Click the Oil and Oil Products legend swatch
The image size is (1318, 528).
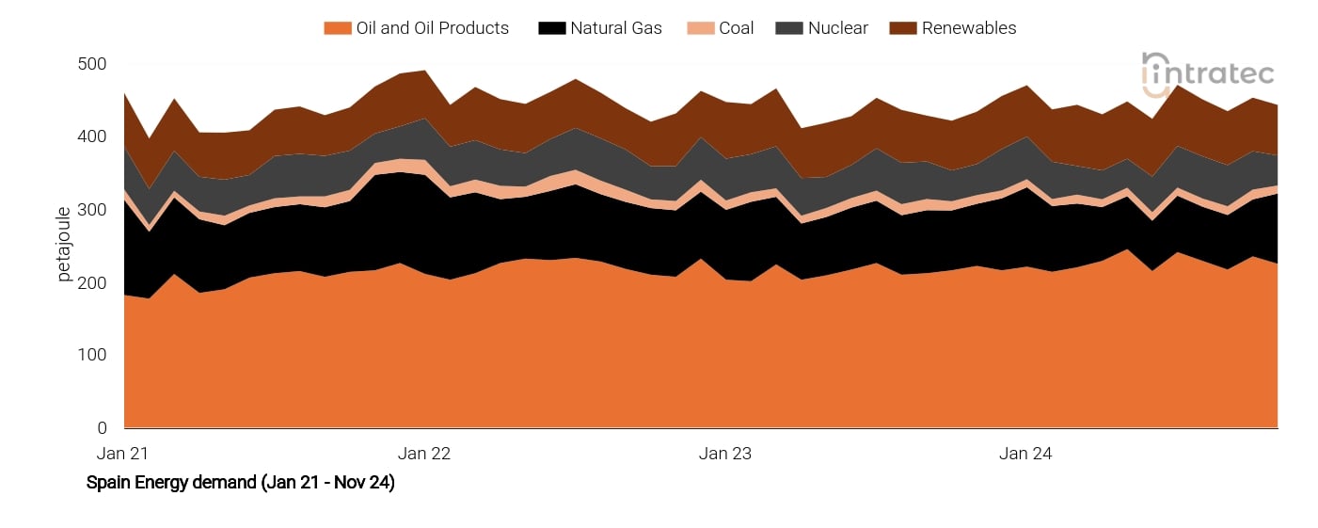point(338,28)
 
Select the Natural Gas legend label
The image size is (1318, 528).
point(615,28)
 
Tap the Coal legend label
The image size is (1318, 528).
point(736,28)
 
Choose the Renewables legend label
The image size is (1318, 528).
point(968,28)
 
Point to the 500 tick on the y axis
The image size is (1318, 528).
point(93,64)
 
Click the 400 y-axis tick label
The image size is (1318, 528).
point(93,137)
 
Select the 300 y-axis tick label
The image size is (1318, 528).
point(93,210)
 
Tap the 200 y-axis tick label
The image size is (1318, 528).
point(93,282)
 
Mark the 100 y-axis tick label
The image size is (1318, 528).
point(93,356)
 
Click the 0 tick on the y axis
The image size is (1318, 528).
point(102,428)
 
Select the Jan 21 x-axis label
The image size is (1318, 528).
point(123,454)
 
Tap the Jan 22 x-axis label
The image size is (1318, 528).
point(424,454)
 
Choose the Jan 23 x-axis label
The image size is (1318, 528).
point(725,454)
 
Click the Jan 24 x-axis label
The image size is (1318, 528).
point(1026,454)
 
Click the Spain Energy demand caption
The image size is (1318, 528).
point(240,483)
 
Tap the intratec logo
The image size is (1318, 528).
point(1208,73)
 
